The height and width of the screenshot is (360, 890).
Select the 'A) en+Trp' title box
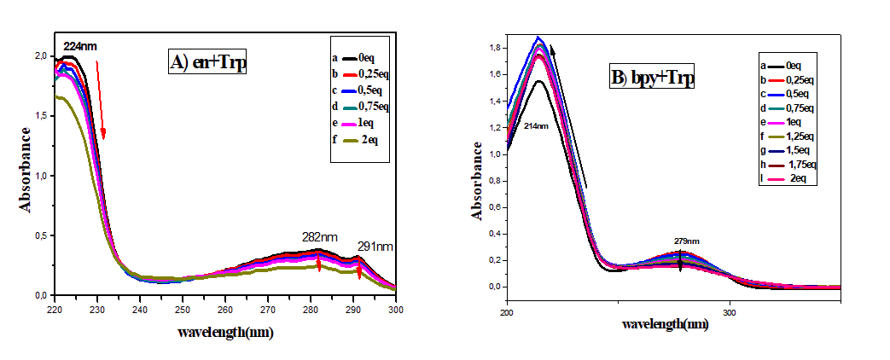click(x=207, y=62)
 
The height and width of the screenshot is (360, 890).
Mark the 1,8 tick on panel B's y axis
click(x=494, y=48)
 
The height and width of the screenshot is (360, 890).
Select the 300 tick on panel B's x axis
click(x=729, y=312)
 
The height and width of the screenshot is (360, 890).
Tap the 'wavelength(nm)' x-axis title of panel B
click(x=666, y=325)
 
